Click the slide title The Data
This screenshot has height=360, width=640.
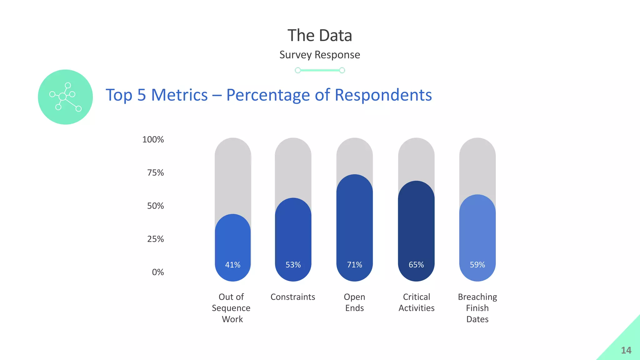(320, 35)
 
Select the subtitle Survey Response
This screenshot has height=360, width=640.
(320, 55)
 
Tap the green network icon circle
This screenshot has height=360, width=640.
(65, 97)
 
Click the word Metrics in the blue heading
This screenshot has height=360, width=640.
(179, 95)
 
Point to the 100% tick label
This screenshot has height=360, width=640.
(153, 139)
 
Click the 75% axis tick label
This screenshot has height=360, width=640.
(155, 172)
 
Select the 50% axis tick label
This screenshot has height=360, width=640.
(155, 206)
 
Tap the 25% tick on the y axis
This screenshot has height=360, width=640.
(155, 239)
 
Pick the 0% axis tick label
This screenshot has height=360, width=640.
(158, 272)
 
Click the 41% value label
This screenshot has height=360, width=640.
(233, 265)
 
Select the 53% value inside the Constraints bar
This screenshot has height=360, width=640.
(293, 265)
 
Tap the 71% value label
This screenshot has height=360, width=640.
(355, 265)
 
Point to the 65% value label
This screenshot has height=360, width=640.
(416, 265)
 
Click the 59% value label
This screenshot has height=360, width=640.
(477, 265)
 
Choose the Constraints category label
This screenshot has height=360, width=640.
(293, 297)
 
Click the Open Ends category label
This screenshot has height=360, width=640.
(355, 302)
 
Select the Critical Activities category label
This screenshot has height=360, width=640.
(417, 302)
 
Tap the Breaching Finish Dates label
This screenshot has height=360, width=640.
(477, 308)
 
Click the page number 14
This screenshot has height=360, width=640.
(626, 350)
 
